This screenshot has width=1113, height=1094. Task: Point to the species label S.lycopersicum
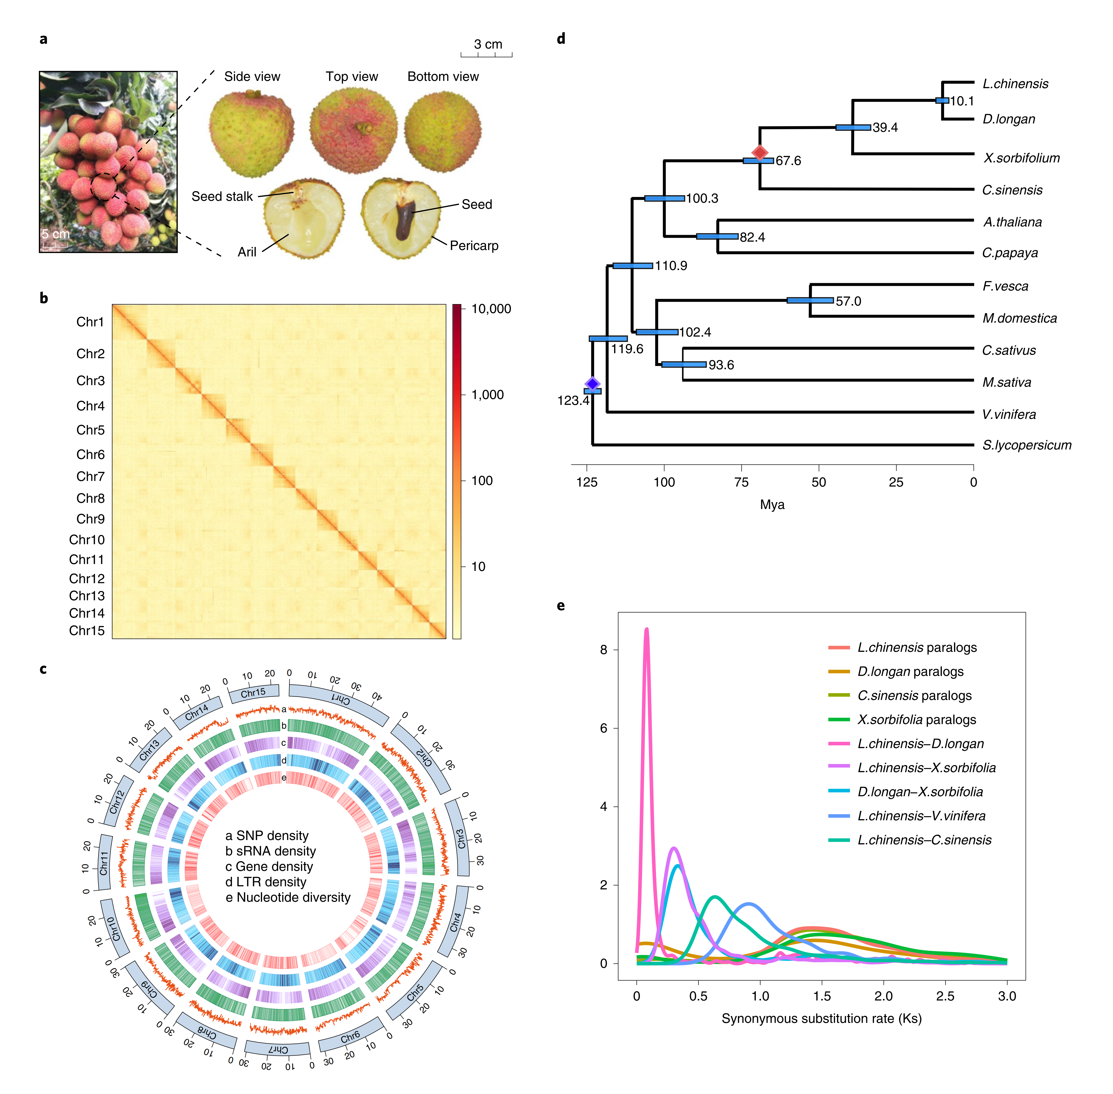tap(1026, 445)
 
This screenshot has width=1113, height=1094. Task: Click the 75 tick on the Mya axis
tap(741, 482)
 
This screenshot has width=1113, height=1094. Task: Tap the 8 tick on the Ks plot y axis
tap(603, 650)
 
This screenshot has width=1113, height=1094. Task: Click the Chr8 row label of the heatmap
tap(90, 498)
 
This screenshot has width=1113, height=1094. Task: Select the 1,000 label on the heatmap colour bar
tap(487, 395)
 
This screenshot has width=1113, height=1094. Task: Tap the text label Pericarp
tap(473, 246)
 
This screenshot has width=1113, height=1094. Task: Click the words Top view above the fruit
tap(352, 76)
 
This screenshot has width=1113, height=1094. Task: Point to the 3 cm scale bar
tap(486, 55)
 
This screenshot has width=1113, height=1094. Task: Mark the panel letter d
tap(561, 38)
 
